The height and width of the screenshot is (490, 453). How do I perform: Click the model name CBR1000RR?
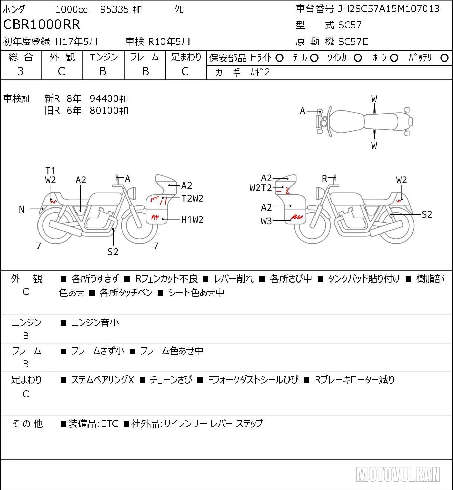[42, 24]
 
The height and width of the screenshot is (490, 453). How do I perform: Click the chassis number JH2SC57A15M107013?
[388, 9]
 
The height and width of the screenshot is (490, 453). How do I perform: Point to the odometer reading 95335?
[115, 9]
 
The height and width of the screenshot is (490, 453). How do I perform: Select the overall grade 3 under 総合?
[20, 71]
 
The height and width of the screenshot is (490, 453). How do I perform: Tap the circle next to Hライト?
[279, 58]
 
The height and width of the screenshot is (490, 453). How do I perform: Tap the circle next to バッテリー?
[444, 58]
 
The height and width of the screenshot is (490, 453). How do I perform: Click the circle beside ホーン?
[394, 58]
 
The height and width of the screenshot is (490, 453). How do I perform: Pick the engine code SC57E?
[353, 42]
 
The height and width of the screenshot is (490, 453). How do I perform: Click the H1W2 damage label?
[192, 220]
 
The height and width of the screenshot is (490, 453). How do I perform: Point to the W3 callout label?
[266, 221]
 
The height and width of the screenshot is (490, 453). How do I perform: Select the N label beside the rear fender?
[22, 210]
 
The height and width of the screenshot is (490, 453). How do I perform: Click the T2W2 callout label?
[193, 199]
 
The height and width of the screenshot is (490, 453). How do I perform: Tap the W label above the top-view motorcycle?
[374, 99]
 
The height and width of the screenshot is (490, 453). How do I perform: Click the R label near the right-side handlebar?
[324, 179]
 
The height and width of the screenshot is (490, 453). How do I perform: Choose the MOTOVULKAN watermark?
[398, 474]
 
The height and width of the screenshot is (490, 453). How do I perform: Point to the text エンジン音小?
[95, 323]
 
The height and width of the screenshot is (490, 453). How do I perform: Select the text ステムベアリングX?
[103, 380]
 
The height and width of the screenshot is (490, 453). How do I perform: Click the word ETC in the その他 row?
[110, 424]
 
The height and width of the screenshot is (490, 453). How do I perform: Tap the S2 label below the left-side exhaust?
[113, 252]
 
